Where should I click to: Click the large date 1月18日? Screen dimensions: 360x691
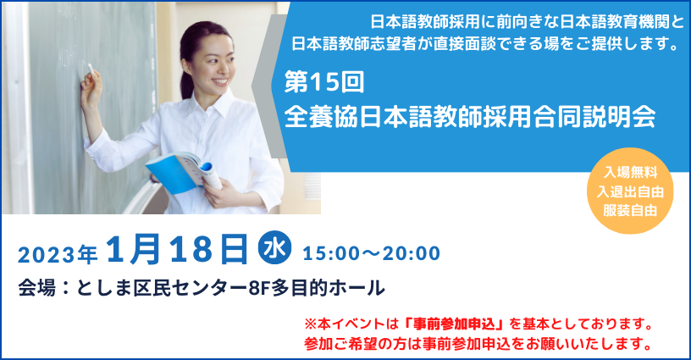179,251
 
